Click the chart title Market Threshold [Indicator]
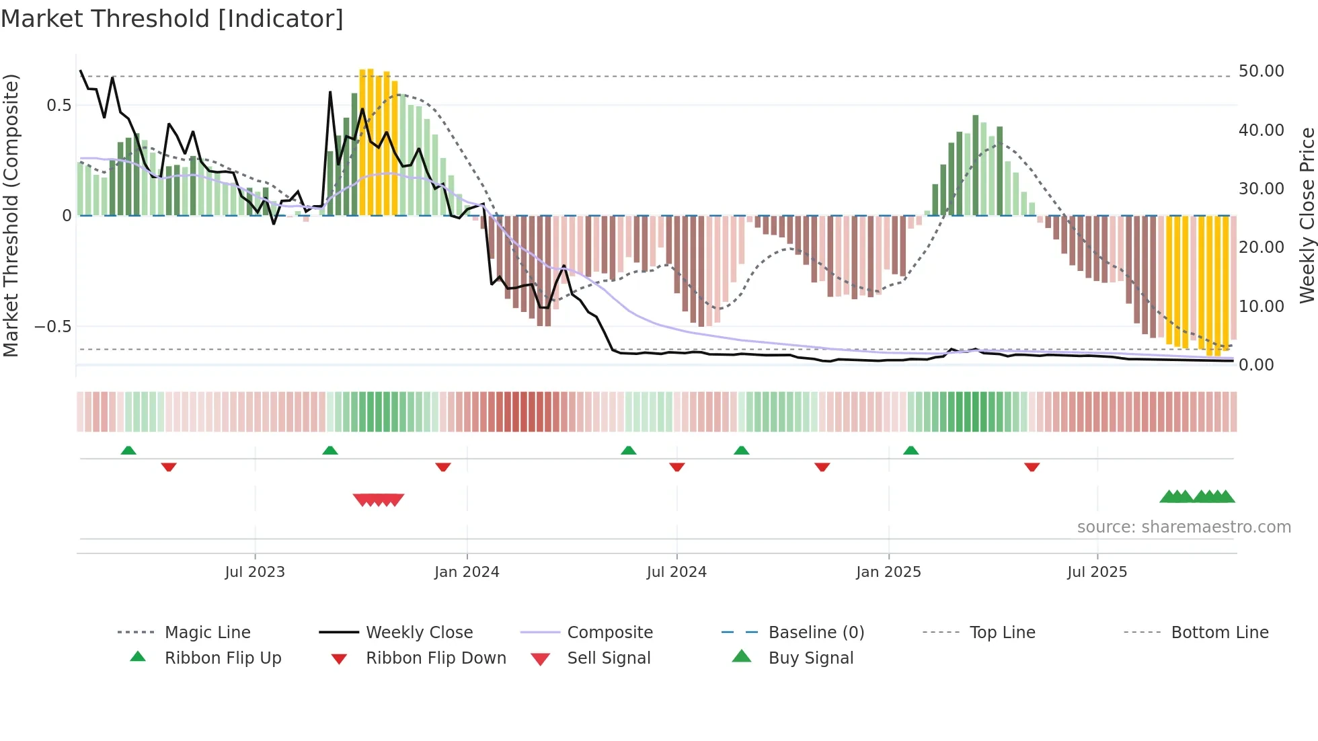[x=172, y=19]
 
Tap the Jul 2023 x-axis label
[x=255, y=572]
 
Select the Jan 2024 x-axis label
[x=467, y=572]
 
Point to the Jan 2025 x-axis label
[x=888, y=572]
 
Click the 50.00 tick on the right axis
[x=1261, y=71]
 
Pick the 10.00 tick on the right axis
[x=1261, y=307]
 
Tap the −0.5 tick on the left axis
[x=53, y=327]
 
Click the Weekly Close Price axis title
[x=1307, y=215]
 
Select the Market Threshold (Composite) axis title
[x=11, y=215]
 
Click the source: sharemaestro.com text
[x=1184, y=527]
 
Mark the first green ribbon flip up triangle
[x=128, y=451]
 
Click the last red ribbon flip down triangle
[x=1032, y=467]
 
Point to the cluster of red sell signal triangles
[x=379, y=500]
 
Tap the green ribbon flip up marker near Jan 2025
[x=910, y=451]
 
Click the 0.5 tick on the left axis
[x=59, y=106]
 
